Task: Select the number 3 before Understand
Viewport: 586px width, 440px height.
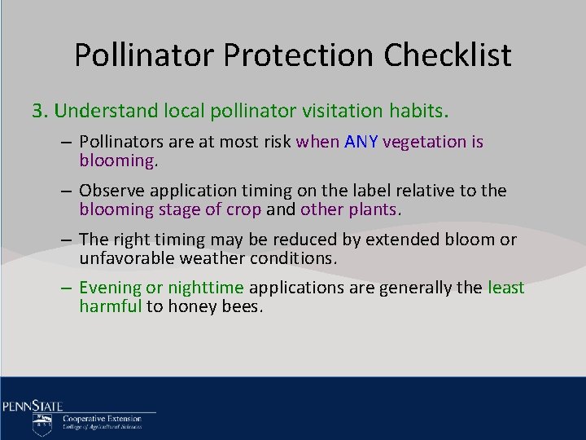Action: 37,109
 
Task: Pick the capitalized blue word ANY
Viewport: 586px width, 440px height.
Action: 361,142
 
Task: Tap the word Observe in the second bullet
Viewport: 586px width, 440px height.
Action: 111,191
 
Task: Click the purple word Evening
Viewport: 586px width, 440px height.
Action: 110,288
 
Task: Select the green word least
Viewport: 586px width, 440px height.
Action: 505,288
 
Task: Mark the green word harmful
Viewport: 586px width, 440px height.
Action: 110,306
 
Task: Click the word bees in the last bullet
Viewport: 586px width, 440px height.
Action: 243,306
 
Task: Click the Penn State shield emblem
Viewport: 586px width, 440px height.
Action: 42,424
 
